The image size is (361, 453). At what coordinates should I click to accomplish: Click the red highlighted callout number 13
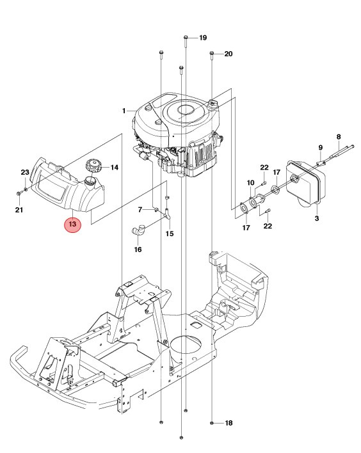click(x=72, y=225)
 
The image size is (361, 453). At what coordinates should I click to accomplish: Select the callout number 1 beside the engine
click(x=124, y=111)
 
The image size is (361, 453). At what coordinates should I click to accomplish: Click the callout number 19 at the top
click(x=203, y=38)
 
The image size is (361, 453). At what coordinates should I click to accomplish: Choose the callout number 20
click(x=228, y=54)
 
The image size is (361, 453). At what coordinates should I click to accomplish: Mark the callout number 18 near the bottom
click(x=229, y=424)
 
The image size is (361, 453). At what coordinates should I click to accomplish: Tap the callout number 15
click(x=170, y=234)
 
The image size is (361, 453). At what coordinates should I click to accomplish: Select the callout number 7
click(x=140, y=210)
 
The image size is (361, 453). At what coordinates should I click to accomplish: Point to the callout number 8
click(x=339, y=136)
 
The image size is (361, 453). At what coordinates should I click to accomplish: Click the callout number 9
click(x=321, y=148)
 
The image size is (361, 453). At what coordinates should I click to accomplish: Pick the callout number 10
click(x=250, y=183)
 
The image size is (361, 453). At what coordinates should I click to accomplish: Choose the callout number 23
click(x=25, y=173)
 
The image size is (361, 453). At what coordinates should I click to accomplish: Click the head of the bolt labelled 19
click(x=185, y=38)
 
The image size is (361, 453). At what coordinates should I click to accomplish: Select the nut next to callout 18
click(x=212, y=424)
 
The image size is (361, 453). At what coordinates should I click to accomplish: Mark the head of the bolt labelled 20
click(x=211, y=54)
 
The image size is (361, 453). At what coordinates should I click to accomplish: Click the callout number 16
click(x=138, y=250)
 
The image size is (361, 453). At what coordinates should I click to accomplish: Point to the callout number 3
click(x=316, y=219)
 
